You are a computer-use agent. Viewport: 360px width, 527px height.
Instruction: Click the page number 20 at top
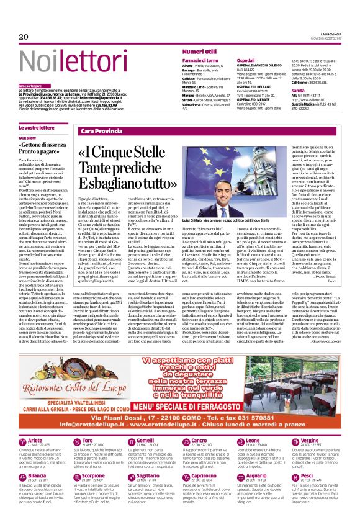tap(24, 37)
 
